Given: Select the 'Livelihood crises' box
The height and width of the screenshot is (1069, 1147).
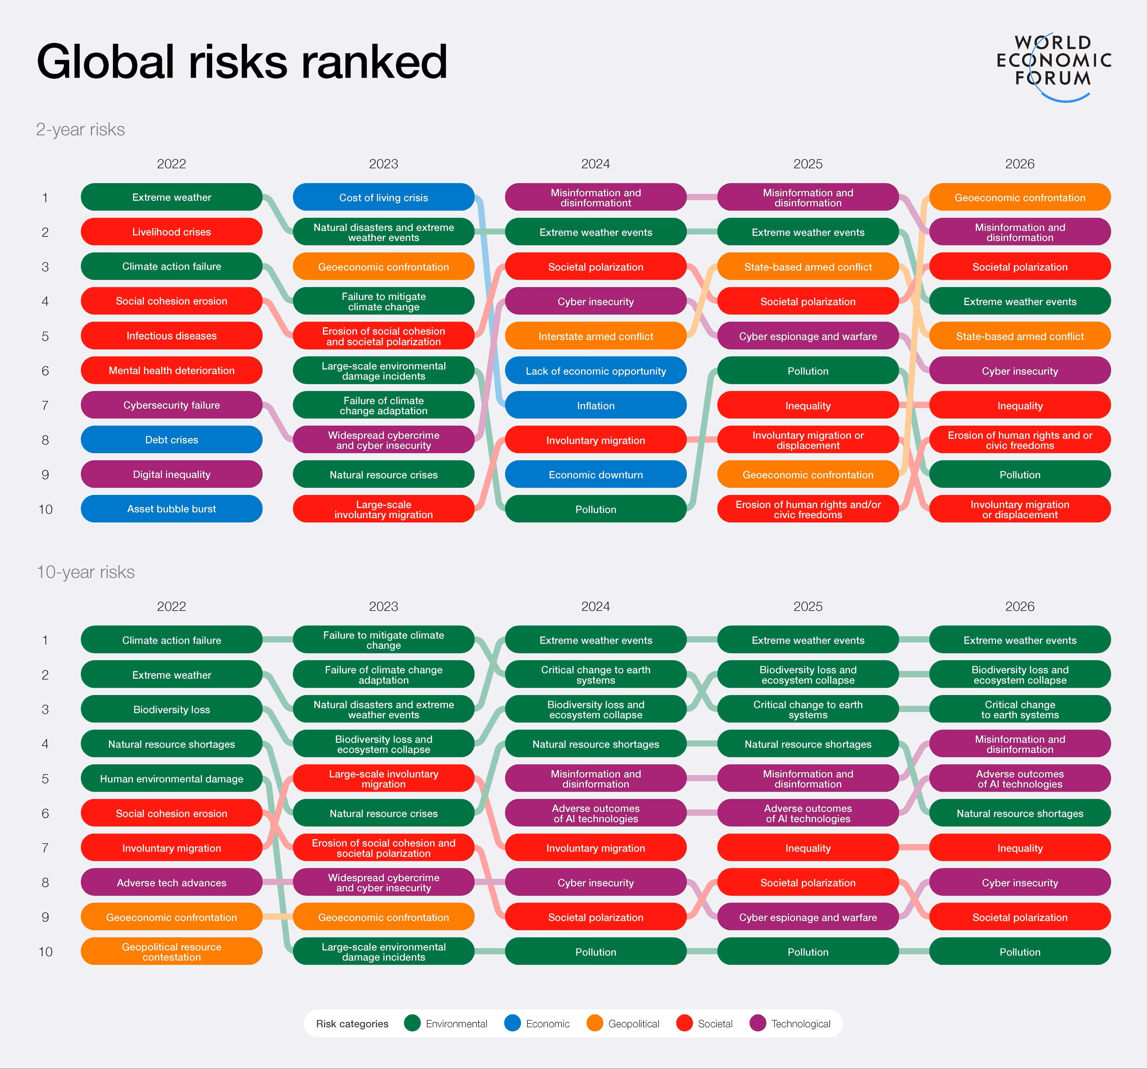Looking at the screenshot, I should [x=171, y=231].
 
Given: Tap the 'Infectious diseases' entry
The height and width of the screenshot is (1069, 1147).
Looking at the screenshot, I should [x=171, y=335].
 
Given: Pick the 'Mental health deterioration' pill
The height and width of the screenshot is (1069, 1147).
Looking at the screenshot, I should [x=171, y=370].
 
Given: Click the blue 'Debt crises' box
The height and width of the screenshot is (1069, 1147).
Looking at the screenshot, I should [x=171, y=439].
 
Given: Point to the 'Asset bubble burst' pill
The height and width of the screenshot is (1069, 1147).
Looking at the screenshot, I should [x=171, y=508].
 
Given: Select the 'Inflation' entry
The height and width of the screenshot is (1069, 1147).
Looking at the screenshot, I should [x=596, y=405].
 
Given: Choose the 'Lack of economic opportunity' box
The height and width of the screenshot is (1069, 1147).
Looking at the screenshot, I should [x=596, y=370].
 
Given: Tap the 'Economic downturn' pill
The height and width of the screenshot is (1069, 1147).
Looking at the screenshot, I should [x=596, y=474].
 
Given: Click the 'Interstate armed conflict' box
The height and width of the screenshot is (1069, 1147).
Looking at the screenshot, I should [x=596, y=336].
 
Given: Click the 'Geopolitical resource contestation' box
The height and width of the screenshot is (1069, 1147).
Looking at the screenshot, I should [x=171, y=951].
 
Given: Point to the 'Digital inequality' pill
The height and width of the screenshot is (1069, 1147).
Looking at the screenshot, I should [x=171, y=474].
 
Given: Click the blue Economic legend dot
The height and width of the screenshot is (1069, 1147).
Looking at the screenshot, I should [x=512, y=1023].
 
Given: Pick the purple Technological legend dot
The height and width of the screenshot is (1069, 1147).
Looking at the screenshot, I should [x=757, y=1023].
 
